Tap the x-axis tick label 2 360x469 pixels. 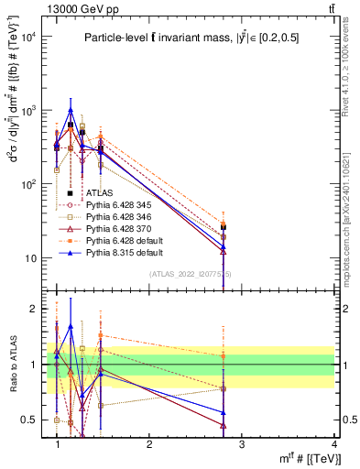tap(149, 443)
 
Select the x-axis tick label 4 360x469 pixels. tap(335, 443)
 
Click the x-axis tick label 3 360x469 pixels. tap(242, 443)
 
